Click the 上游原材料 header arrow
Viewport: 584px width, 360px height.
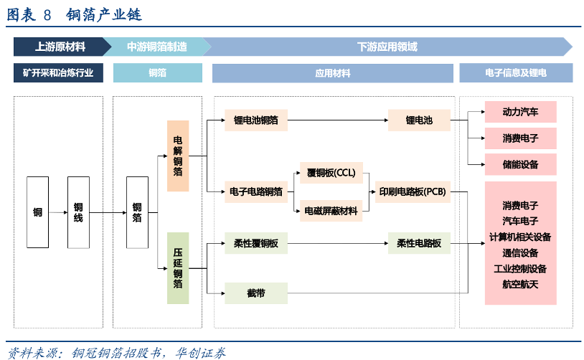(60, 47)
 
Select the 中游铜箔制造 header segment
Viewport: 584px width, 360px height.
(157, 47)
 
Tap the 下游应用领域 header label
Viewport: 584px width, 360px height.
(387, 47)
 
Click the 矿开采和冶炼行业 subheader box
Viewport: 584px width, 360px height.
(58, 73)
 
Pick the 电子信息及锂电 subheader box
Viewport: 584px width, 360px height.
(516, 73)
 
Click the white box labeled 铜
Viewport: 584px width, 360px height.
(37, 212)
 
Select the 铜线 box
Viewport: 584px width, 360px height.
(79, 212)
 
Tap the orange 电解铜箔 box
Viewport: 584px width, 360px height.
(178, 156)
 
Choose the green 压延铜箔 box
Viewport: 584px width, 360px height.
(178, 267)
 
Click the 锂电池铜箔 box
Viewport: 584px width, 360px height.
(256, 120)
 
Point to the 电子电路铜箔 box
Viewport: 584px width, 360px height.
(256, 191)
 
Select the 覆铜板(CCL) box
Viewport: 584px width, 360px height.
(331, 173)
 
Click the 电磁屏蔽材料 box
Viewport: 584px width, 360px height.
(331, 211)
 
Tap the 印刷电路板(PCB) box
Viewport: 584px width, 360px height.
(412, 191)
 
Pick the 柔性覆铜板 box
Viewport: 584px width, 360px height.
(256, 244)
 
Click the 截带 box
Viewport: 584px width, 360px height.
(256, 293)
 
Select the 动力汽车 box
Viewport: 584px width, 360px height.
(520, 112)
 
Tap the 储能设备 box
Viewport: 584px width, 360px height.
(520, 164)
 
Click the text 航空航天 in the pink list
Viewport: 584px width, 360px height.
(520, 284)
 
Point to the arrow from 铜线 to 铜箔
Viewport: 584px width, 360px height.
(108, 212)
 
